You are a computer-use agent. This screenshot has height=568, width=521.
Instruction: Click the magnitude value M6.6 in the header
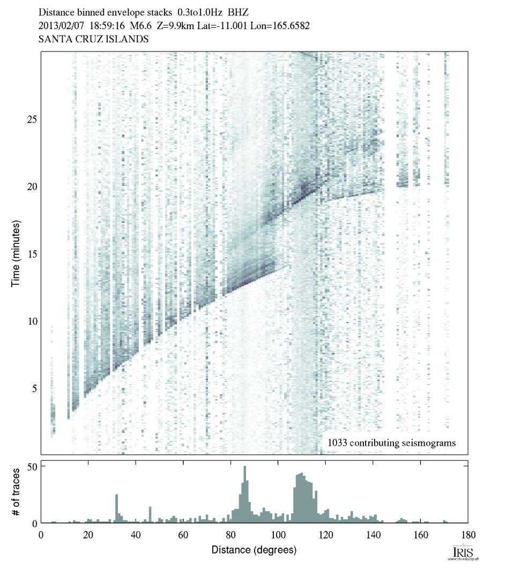point(138,25)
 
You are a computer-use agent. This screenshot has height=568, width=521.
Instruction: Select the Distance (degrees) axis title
point(254,550)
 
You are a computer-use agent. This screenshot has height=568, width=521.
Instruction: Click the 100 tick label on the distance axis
point(278,534)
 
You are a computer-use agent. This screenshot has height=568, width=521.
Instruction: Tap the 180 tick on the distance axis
point(468,534)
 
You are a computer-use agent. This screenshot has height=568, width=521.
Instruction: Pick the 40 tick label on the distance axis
point(136,534)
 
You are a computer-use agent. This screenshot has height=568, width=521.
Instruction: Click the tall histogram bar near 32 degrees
point(116,509)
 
